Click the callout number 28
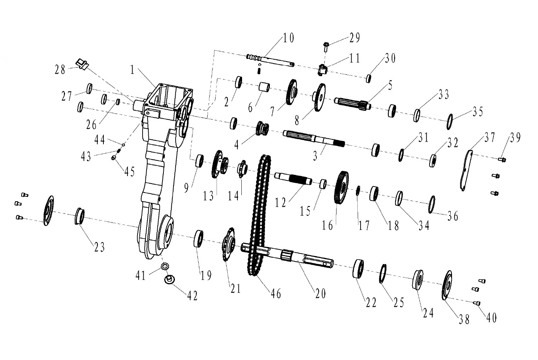click(x=60, y=70)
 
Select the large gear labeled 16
click(x=341, y=188)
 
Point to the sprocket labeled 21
click(x=228, y=244)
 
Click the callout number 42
click(x=193, y=296)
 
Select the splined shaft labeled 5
click(x=353, y=103)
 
